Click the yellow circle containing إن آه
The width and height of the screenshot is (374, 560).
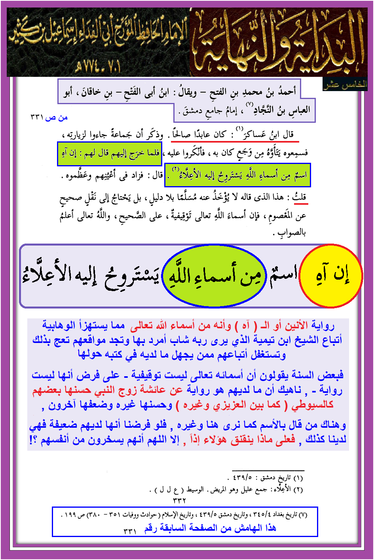[331, 276]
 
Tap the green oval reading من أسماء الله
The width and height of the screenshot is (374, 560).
[214, 276]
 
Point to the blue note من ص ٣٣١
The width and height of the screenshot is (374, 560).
[49, 118]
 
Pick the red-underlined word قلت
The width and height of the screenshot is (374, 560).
[300, 197]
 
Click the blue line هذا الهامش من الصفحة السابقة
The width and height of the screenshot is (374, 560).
[210, 528]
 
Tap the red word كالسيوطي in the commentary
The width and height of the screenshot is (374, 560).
[313, 404]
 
